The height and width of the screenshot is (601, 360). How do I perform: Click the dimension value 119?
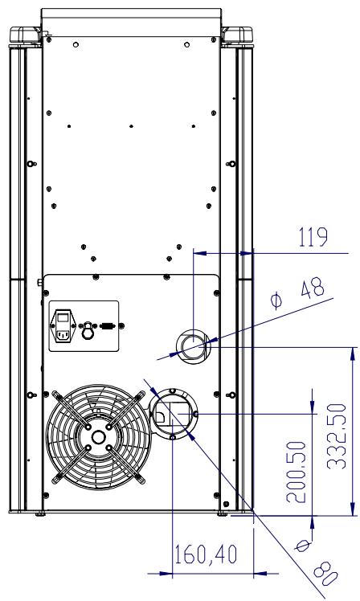click(x=313, y=237)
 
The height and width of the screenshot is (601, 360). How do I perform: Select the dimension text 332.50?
click(x=337, y=436)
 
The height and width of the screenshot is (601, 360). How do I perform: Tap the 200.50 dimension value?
click(x=297, y=472)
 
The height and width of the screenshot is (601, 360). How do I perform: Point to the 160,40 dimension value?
click(x=206, y=554)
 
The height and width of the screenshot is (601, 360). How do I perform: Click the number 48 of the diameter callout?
click(x=313, y=289)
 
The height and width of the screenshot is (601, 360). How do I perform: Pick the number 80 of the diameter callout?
click(x=326, y=573)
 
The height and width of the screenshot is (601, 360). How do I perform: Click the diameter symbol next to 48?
click(x=276, y=300)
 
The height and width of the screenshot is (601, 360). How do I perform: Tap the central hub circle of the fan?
click(x=99, y=437)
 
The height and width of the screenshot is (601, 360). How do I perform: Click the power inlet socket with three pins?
click(x=63, y=336)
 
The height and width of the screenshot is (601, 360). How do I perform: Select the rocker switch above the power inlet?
click(x=63, y=317)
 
